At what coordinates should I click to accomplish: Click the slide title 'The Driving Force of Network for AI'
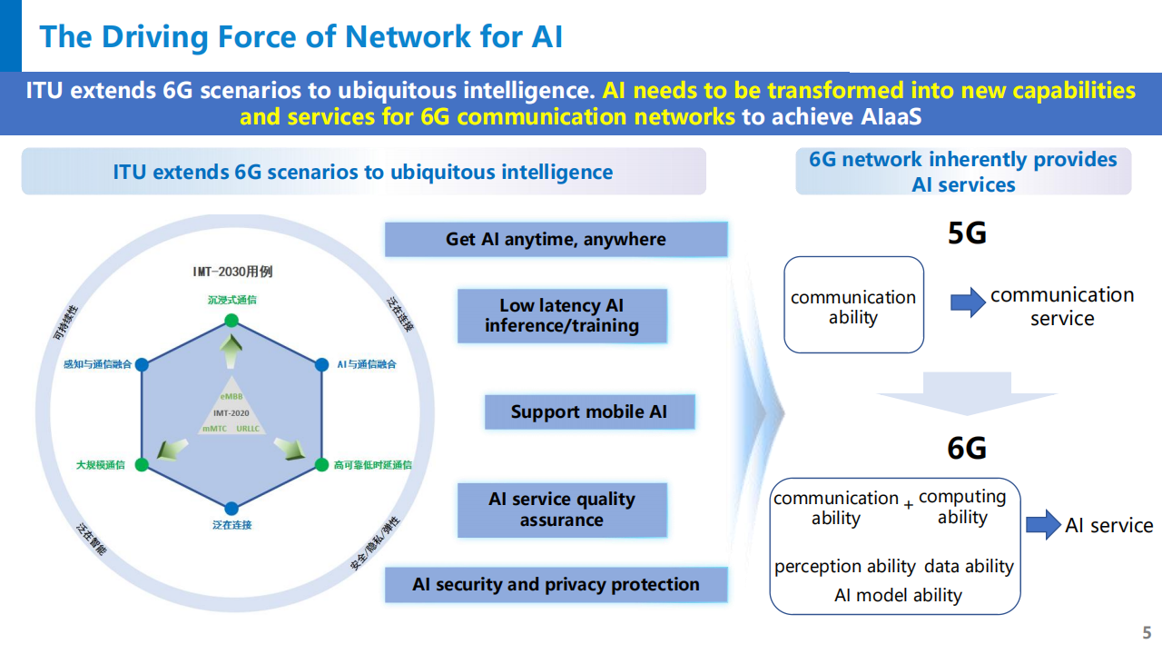point(301,36)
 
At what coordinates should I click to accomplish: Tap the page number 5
point(1147,632)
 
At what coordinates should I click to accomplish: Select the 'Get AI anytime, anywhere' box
point(556,240)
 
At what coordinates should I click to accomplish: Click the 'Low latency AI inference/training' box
point(561,316)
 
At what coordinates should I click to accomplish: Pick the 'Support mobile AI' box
point(588,411)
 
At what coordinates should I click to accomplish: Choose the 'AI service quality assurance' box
point(561,510)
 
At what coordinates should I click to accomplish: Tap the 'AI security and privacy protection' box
point(556,584)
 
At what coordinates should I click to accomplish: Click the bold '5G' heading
point(967,233)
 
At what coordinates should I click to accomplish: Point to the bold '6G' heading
point(967,448)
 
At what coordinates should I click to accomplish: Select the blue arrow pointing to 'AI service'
point(1043,524)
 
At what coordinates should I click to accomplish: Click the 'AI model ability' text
point(898,596)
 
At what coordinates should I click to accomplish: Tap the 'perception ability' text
point(844,566)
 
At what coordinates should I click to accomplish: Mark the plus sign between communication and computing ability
point(908,504)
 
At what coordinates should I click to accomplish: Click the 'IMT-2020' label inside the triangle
point(231,412)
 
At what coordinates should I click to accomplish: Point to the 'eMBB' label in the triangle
point(231,397)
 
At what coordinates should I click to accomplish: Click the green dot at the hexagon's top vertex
point(231,320)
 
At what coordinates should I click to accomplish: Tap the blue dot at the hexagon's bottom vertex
point(231,509)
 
